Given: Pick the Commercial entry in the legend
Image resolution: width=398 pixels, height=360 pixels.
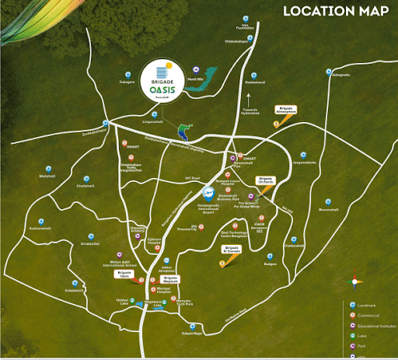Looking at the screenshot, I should (x=370, y=315).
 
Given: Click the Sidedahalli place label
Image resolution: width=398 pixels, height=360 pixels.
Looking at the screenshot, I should (x=74, y=290).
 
